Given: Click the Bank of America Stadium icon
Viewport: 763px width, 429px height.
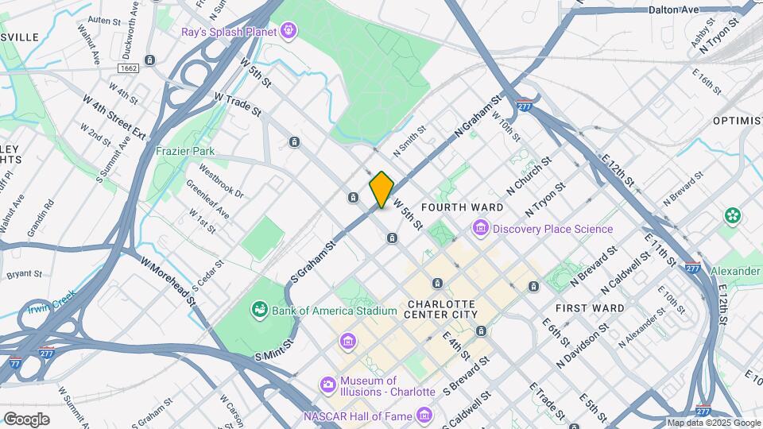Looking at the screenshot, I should (x=259, y=309).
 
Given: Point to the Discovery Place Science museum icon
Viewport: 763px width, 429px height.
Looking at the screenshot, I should (x=480, y=229).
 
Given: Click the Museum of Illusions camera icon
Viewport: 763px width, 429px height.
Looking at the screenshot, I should (x=327, y=385).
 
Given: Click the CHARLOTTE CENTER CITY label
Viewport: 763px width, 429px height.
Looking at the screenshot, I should (x=442, y=309).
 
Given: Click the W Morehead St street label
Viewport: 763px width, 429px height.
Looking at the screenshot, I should (x=168, y=279).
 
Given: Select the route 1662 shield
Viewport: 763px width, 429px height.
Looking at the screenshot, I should (x=128, y=69).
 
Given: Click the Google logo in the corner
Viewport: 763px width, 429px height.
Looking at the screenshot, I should (x=26, y=419).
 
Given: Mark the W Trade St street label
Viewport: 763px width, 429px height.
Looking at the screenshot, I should (x=238, y=104).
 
